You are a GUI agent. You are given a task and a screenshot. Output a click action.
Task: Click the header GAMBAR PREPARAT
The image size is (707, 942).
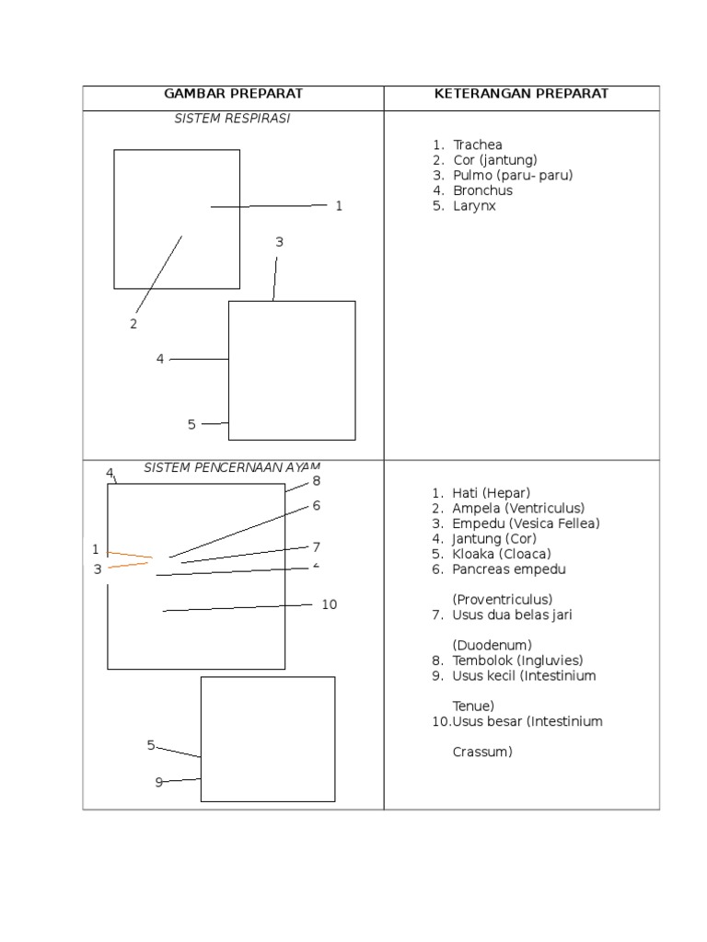click(233, 94)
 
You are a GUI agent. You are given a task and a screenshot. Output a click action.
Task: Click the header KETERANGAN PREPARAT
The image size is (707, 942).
click(523, 94)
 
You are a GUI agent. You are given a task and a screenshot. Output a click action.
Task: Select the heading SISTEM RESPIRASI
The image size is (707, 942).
click(232, 120)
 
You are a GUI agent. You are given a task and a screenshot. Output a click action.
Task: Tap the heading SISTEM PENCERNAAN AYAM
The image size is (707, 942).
click(231, 467)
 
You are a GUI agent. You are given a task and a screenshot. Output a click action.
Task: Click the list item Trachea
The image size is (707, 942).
click(476, 144)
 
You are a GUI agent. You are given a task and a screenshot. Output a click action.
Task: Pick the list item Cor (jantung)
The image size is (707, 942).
click(494, 160)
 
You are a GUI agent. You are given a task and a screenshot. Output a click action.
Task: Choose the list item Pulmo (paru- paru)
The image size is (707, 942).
click(512, 175)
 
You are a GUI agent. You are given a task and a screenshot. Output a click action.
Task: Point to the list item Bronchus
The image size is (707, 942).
click(482, 190)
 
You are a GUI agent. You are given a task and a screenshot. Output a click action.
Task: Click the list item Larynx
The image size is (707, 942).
click(474, 206)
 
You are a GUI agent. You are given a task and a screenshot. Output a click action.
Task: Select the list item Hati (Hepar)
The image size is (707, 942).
click(492, 493)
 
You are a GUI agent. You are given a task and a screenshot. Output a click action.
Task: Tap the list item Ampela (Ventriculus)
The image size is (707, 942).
click(518, 508)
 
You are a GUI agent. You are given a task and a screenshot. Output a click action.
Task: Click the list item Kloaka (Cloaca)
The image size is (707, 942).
click(502, 554)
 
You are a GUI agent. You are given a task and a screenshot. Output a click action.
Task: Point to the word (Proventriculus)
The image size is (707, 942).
click(509, 599)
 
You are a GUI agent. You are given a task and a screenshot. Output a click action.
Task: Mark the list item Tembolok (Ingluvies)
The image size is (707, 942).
click(517, 661)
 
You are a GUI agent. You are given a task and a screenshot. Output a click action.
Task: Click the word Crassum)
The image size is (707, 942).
click(482, 752)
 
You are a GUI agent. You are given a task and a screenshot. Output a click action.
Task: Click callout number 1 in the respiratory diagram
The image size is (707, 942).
click(339, 206)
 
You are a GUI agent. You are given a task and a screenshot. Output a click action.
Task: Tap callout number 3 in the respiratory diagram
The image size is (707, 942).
click(279, 242)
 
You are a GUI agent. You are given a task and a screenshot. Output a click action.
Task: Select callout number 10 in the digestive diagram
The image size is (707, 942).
click(330, 604)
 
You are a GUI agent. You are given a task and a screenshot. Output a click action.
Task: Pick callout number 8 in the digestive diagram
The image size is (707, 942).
click(316, 480)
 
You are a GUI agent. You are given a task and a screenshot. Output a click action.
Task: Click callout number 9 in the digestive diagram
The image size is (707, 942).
click(158, 782)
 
